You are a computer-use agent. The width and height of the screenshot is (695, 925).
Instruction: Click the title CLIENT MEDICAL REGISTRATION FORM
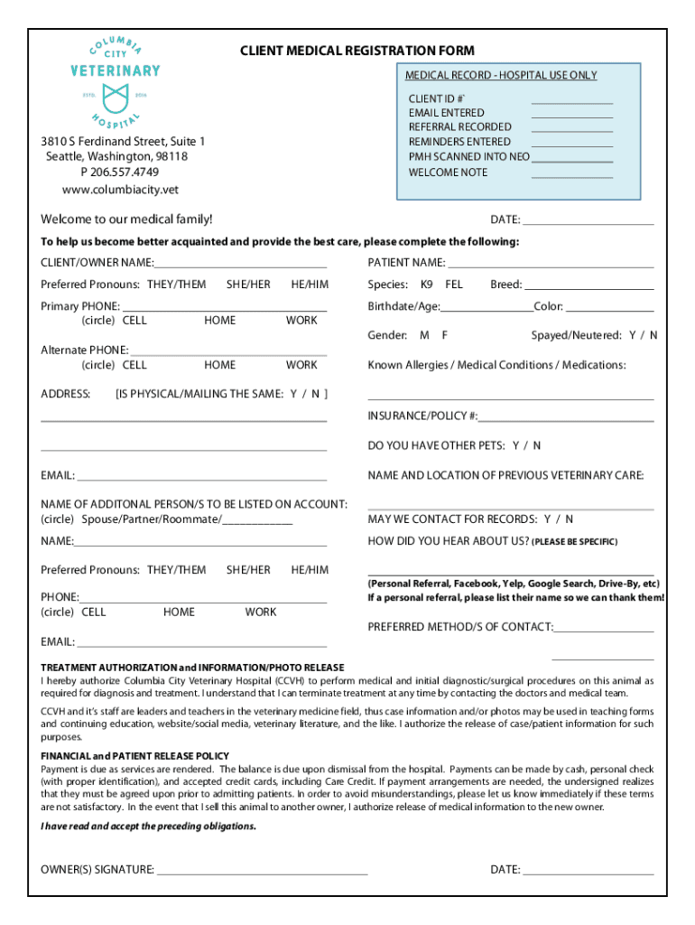(x=357, y=51)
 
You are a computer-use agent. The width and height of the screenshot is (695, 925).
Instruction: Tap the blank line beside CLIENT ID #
(x=571, y=100)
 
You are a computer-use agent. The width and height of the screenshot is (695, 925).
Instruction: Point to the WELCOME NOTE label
(x=448, y=172)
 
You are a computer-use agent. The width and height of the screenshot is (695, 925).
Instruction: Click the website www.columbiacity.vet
(x=120, y=189)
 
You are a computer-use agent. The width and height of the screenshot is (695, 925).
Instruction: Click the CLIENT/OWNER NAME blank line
(x=240, y=265)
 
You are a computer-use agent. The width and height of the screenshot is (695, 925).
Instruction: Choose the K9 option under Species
(x=427, y=285)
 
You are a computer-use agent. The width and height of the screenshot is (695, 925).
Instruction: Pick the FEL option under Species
(x=454, y=285)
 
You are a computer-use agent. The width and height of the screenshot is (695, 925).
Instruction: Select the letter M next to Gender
(x=423, y=335)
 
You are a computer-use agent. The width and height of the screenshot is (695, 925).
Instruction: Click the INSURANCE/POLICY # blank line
(x=566, y=418)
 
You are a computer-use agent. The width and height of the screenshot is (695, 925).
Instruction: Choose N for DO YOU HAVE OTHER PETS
(x=537, y=445)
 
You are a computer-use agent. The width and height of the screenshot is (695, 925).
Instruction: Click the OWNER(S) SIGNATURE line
(x=262, y=872)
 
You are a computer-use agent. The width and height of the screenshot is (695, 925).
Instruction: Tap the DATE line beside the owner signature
(x=588, y=872)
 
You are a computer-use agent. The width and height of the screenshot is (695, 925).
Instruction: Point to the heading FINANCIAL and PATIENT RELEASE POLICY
(x=135, y=755)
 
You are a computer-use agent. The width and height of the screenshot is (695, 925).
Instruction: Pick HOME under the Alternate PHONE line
(x=219, y=365)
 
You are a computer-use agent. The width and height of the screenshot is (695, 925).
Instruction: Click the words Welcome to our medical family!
(x=126, y=220)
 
